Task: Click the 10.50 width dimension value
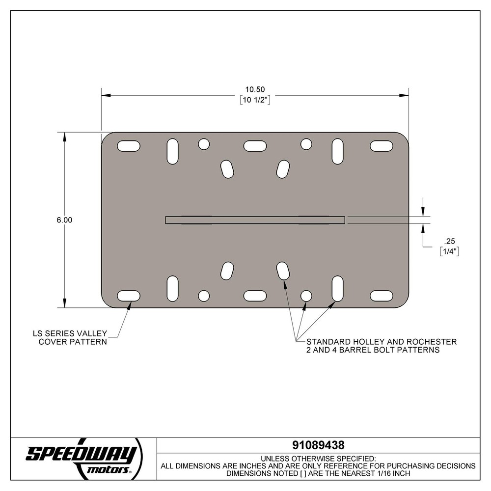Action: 255,89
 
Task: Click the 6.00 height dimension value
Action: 64,220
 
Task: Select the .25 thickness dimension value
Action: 449,241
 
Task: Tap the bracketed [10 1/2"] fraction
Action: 255,100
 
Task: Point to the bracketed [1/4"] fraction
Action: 449,251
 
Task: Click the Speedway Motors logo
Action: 83,458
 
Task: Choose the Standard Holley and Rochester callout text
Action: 381,346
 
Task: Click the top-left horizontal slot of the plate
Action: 129,146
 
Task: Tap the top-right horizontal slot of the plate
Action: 381,146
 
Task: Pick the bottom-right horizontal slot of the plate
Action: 381,296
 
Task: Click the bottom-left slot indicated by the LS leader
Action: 129,296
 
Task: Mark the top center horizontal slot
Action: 255,146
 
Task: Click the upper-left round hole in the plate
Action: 204,144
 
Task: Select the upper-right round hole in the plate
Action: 306,144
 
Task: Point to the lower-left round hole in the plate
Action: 204,296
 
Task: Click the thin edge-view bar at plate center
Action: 255,220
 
